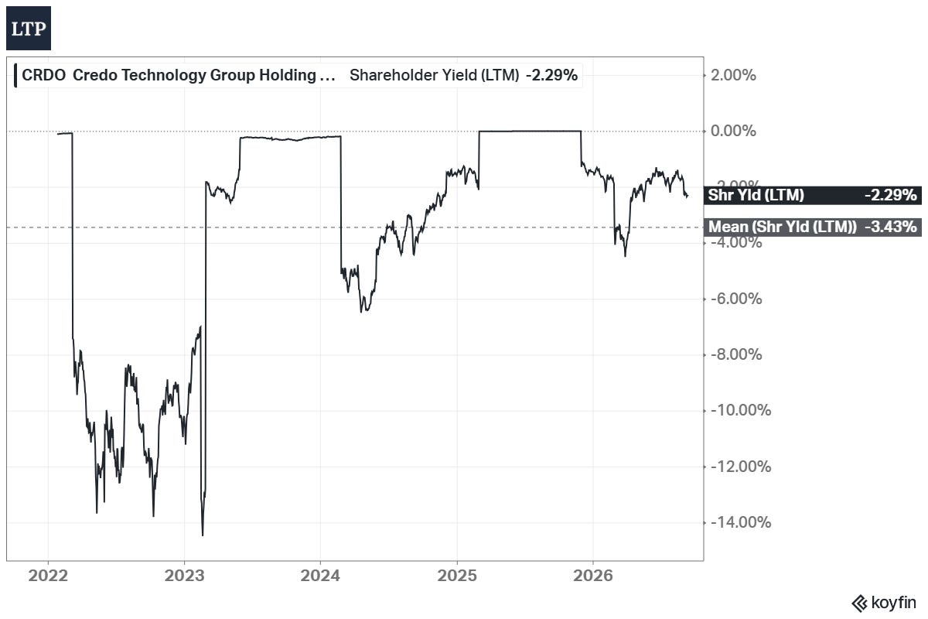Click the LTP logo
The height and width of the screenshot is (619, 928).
pos(29,28)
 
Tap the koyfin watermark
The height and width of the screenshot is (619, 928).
pos(884,604)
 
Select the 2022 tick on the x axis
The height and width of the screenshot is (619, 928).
pos(48,576)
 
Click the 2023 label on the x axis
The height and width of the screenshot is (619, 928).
pos(184,576)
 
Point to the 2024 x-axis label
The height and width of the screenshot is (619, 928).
pos(320,576)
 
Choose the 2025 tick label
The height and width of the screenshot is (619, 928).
pos(457,576)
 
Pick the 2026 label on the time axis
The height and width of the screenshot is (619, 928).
pos(593,576)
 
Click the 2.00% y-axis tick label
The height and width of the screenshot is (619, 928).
pos(733,76)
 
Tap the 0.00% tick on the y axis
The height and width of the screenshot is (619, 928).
pos(733,131)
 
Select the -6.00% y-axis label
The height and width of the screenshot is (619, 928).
pos(736,299)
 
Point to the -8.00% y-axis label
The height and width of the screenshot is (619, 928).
pos(736,355)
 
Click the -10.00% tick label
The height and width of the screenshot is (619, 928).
pos(741,410)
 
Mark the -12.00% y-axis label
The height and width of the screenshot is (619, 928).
pos(741,467)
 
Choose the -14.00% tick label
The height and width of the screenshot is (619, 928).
pos(741,522)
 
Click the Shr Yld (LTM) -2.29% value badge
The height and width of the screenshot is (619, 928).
pos(813,195)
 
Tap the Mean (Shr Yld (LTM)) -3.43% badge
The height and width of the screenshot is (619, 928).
pos(813,227)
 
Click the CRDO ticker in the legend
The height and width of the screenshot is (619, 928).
pos(43,76)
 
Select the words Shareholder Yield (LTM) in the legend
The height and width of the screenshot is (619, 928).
pos(434,76)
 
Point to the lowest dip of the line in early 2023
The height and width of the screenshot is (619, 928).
pos(203,535)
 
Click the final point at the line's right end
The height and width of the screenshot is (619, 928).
pos(687,195)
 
